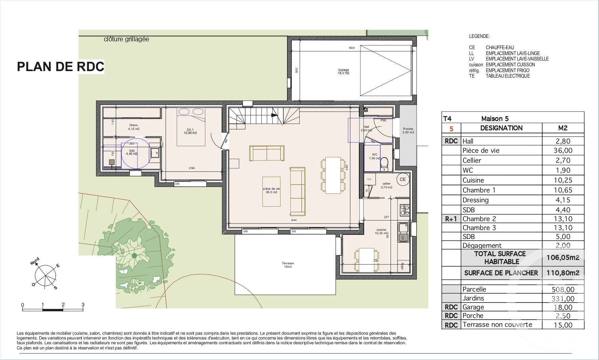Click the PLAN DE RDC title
pos(60,66)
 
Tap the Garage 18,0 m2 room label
pos(343,71)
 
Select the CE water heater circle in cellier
pos(403,179)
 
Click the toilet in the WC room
pos(385,162)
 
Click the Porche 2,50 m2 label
pos(408,131)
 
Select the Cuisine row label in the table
pos(473,180)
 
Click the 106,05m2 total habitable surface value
pos(562,257)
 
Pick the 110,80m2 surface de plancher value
pos(562,273)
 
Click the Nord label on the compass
pos(35,262)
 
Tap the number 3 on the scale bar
pos(83,304)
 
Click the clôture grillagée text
pos(126,39)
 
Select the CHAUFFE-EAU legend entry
pos(500,48)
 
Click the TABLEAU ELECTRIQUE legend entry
pos(507,76)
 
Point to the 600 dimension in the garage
pos(352,48)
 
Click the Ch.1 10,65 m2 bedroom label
pos(191,131)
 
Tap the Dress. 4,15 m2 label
pos(134,127)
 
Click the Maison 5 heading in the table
pos(495,119)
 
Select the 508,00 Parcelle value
pos(562,289)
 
